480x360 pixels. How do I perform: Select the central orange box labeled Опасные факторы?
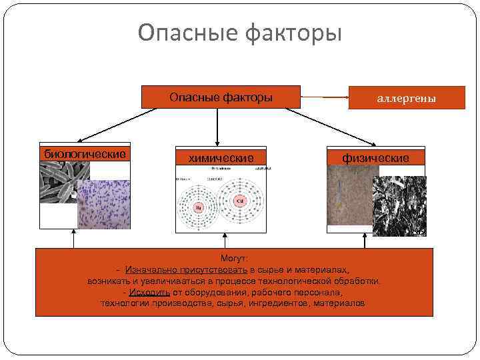(x=221, y=97)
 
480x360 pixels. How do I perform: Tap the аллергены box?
(x=407, y=98)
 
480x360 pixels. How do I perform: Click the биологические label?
(x=85, y=154)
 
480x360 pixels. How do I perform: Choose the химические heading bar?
(x=221, y=157)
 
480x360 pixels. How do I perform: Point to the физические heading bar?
(x=375, y=157)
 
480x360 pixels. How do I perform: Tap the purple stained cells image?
(x=103, y=204)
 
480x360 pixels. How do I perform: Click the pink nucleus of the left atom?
(x=198, y=208)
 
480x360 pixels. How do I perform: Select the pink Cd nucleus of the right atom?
(x=239, y=201)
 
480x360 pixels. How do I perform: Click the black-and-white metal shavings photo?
(x=399, y=205)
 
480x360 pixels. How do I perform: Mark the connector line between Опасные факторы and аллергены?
(x=325, y=98)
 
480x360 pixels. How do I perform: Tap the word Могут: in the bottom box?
(x=233, y=259)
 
